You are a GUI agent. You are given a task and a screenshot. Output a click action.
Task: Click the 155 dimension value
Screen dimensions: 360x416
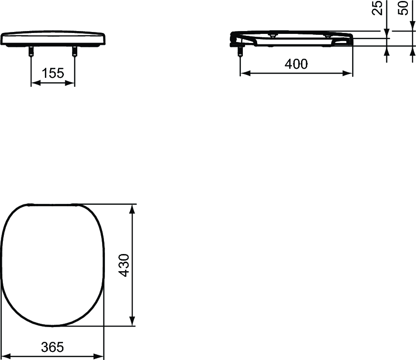[53, 74]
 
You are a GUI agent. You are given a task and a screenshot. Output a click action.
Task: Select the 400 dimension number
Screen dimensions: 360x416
[296, 64]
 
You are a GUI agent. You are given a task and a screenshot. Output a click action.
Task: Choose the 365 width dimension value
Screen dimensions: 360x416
[52, 347]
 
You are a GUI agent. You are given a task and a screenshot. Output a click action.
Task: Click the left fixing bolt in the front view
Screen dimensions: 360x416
[31, 51]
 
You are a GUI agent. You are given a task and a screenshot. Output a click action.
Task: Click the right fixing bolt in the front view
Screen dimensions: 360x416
[74, 51]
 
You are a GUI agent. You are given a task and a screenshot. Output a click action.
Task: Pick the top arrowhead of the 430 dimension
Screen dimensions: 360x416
[133, 208]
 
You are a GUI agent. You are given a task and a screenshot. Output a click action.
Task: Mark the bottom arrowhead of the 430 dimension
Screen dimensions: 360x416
[133, 322]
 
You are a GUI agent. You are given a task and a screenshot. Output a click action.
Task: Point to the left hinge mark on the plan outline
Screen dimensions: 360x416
[30, 205]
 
